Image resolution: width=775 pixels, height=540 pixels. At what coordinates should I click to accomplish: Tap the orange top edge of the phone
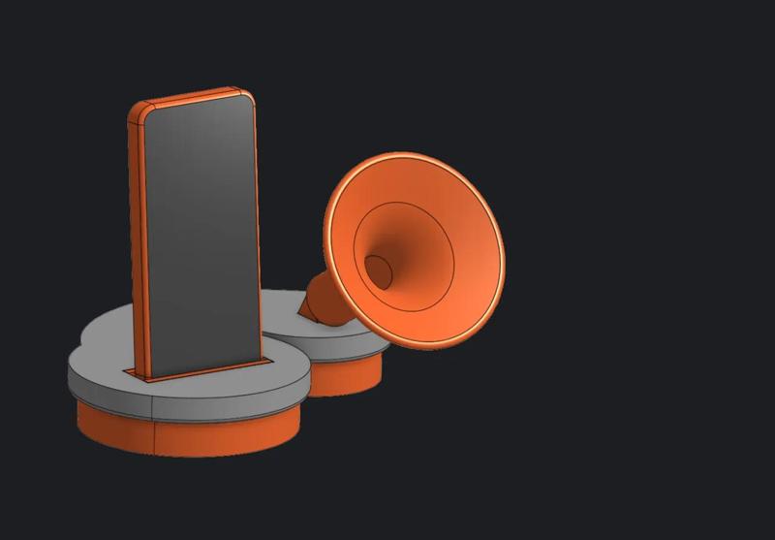point(194,95)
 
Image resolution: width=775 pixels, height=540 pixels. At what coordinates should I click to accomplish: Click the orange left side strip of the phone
point(137,242)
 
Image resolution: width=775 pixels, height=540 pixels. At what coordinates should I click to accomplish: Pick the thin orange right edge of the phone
point(260,233)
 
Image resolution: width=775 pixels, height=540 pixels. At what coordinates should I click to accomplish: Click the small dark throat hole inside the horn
point(378,271)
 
